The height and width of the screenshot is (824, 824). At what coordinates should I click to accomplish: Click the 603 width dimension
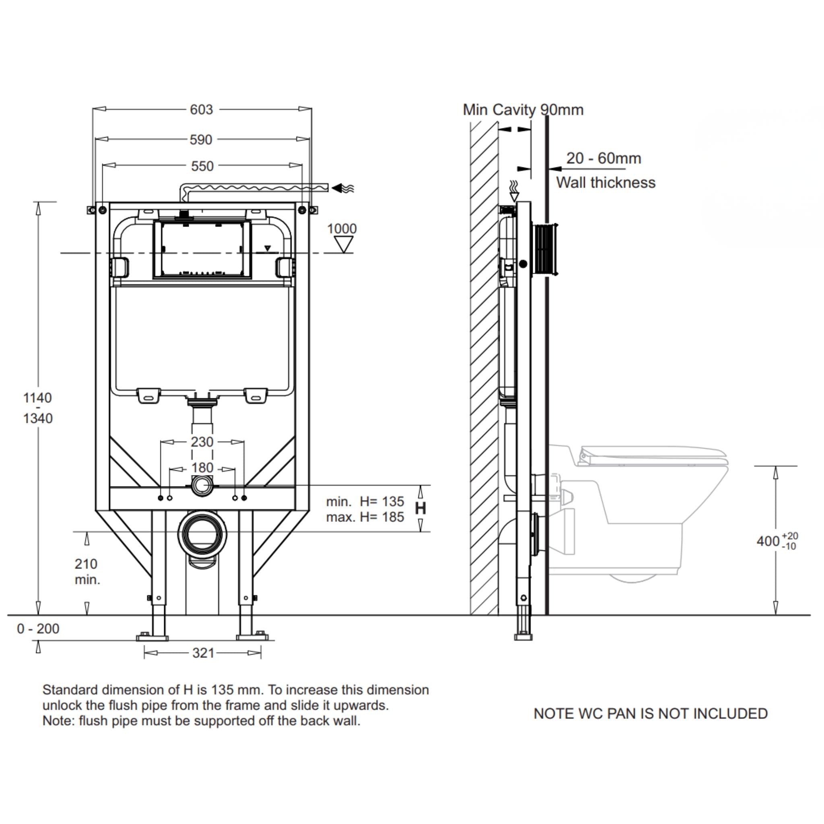201,109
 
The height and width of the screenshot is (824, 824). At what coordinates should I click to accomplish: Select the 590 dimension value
201,140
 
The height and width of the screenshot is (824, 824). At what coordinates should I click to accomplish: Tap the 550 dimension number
202,166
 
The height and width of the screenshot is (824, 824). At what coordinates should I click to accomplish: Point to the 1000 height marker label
342,229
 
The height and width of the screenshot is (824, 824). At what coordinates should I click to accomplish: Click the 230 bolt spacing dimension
202,442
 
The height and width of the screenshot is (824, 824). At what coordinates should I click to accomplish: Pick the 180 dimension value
202,468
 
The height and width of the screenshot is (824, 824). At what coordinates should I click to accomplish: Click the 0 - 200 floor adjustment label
38,629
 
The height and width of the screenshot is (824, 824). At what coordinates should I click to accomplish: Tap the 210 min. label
87,571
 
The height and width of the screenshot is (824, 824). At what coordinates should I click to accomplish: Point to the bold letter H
420,509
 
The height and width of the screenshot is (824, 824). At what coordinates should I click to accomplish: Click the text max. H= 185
365,517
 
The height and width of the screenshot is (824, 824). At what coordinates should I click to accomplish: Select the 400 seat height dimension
768,541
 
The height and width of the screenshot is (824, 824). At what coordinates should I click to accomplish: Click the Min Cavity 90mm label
523,109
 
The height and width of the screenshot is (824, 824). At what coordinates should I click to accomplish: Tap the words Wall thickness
605,183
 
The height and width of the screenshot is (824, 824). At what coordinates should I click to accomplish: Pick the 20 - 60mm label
604,158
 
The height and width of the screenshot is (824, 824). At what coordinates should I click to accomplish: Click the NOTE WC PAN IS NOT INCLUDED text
651,713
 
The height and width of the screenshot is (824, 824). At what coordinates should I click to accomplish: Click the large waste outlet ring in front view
202,533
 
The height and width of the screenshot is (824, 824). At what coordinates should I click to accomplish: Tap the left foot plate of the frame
152,638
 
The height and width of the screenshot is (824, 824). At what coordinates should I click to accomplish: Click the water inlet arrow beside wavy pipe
342,187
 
